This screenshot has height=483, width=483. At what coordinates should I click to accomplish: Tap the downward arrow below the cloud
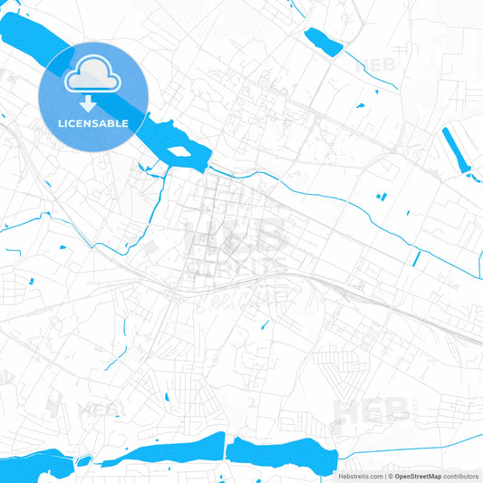[x=93, y=103]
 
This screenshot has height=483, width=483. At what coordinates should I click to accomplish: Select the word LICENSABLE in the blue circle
[x=93, y=123]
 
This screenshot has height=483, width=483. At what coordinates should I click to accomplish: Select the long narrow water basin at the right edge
[x=456, y=150]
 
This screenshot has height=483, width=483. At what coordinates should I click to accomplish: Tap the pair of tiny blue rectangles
[x=382, y=197]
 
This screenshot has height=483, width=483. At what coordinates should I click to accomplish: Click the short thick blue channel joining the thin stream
[x=416, y=258]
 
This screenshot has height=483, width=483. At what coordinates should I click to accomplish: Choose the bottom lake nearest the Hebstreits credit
[x=281, y=452]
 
